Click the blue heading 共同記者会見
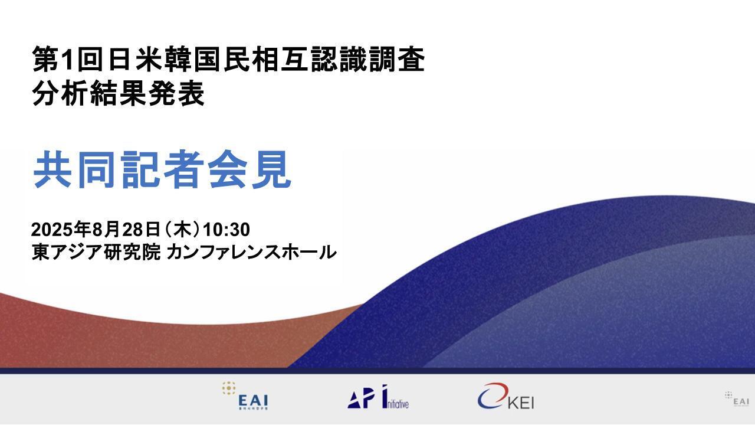click(x=162, y=170)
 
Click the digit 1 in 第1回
click(x=70, y=60)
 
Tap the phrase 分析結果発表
click(x=119, y=93)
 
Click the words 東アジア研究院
click(x=96, y=252)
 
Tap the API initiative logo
click(x=378, y=397)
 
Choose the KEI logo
click(x=505, y=397)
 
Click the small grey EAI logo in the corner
click(x=737, y=398)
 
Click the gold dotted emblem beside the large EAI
click(x=229, y=388)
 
